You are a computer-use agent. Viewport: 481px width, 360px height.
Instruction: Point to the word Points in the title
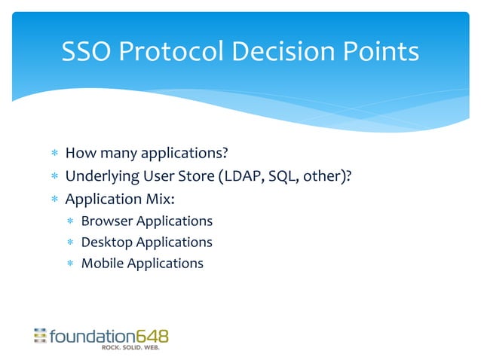coord(381,52)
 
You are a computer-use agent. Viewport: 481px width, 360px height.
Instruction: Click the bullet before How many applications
coord(54,155)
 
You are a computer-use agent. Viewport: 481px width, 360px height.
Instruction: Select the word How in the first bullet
coord(78,154)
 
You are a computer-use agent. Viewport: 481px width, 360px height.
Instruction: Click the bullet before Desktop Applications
coord(69,243)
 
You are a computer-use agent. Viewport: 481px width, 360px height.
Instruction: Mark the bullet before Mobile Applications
coord(69,264)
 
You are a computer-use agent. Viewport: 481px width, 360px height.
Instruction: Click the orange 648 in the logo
coord(152,336)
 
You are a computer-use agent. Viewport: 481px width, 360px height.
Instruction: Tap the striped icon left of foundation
coord(40,336)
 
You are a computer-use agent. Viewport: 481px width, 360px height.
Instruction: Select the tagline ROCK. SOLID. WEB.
coord(131,348)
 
